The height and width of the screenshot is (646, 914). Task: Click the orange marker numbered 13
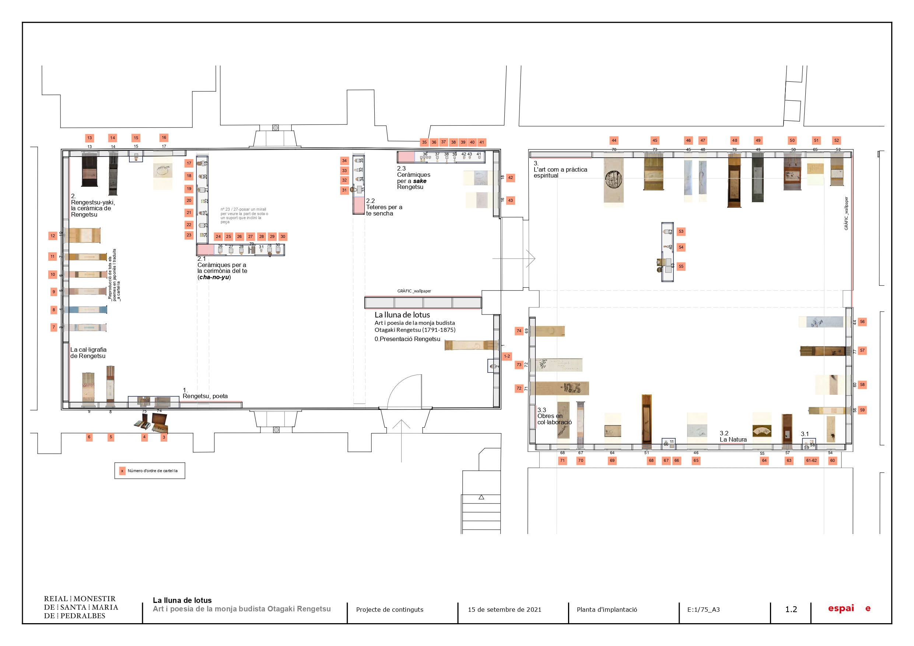(x=90, y=138)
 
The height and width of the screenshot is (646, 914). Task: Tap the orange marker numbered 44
(x=614, y=140)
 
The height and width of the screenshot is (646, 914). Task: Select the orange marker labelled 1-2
(x=507, y=356)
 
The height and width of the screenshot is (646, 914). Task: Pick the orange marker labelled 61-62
(x=811, y=460)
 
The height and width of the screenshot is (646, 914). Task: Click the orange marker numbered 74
(x=519, y=331)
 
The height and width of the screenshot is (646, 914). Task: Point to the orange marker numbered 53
(x=681, y=231)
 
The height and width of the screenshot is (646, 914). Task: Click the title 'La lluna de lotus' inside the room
(x=402, y=315)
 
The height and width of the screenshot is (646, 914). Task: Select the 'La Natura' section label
(x=733, y=439)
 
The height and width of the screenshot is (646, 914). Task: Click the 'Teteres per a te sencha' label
(x=384, y=210)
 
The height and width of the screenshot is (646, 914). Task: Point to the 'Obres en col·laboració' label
(x=554, y=419)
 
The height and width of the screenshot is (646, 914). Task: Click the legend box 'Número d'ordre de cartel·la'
(x=150, y=470)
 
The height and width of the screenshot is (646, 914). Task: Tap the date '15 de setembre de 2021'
(x=504, y=610)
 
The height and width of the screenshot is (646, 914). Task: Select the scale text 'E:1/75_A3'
(x=703, y=610)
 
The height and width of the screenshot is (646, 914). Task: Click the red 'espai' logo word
(x=841, y=608)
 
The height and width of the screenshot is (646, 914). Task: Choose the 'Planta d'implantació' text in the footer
(x=607, y=610)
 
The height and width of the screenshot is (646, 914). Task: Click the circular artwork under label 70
(x=613, y=179)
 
